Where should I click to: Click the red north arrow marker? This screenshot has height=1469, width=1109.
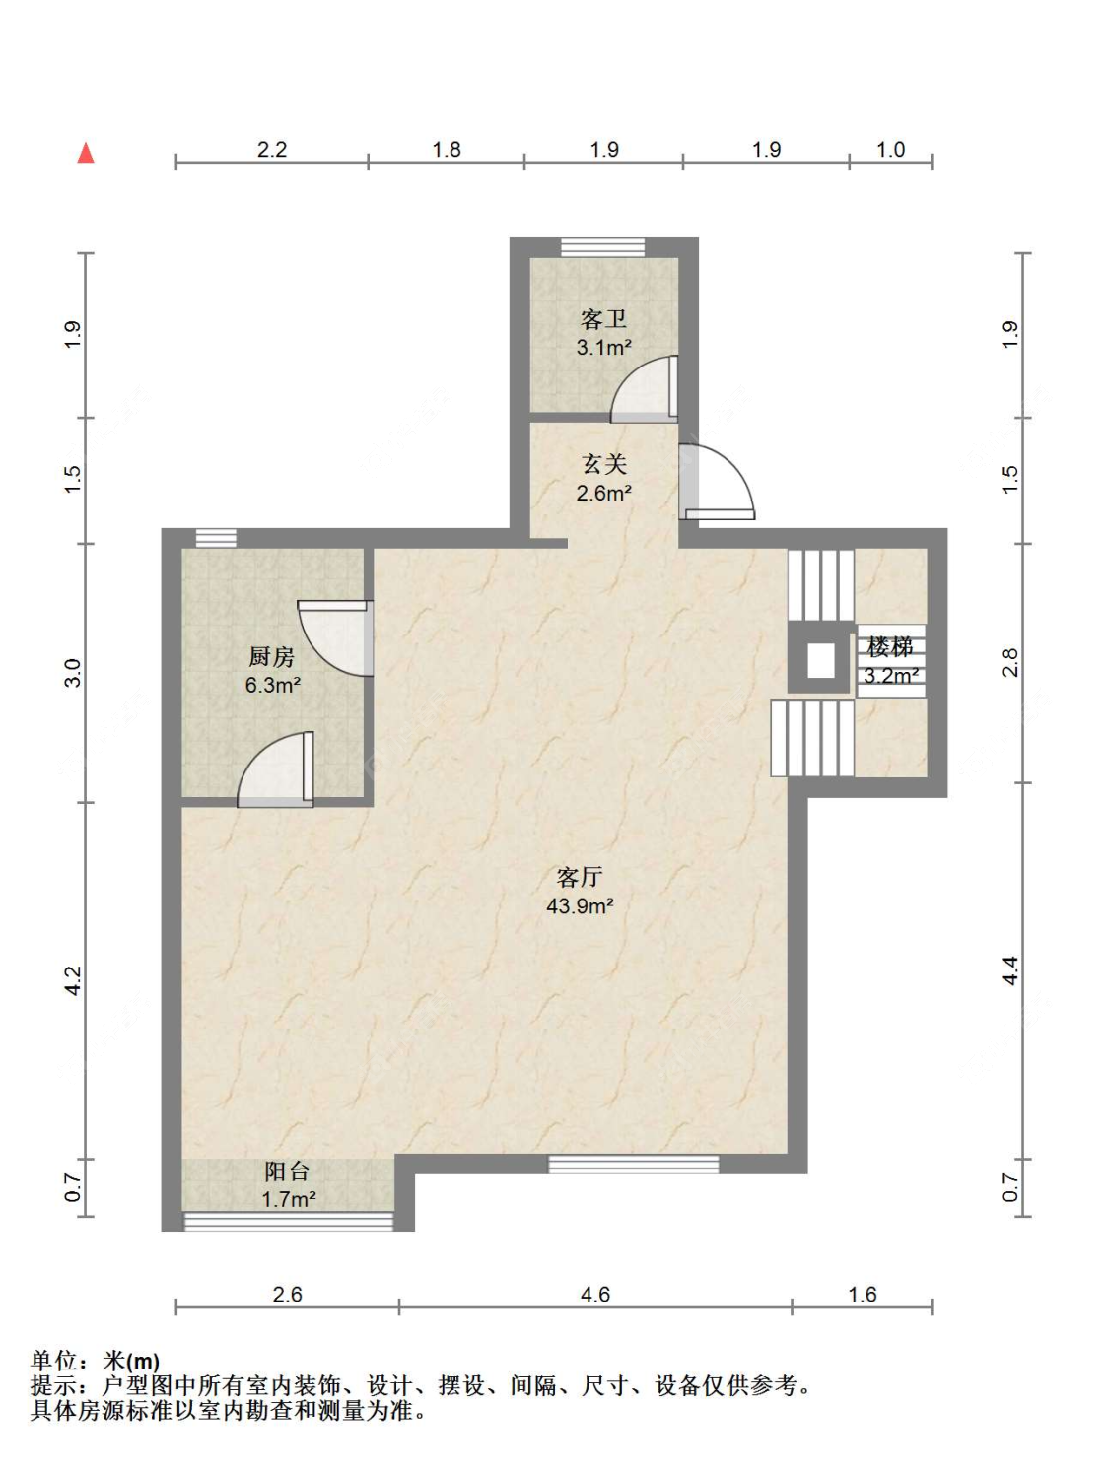point(85,153)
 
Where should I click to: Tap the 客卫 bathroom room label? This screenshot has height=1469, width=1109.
point(603,319)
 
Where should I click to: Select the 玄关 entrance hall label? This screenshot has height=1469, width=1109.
point(603,464)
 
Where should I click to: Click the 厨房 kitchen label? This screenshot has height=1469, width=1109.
point(271,656)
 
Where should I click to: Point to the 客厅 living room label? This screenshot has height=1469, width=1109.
point(580,876)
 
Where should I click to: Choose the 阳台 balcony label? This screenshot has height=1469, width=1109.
point(287,1170)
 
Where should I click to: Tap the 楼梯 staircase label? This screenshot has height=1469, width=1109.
point(890,647)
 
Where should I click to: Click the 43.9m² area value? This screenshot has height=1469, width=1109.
point(580,906)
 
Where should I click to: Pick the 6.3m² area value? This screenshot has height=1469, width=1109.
point(272,686)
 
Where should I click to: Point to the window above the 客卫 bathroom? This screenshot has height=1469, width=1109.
point(602,247)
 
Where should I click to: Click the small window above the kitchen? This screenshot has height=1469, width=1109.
point(216,538)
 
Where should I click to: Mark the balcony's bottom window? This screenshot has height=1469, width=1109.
point(289,1222)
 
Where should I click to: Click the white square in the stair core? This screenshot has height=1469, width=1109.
point(820,660)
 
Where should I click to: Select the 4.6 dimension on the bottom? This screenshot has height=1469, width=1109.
point(595,1295)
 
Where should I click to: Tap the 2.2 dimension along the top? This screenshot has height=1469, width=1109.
point(272,149)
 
